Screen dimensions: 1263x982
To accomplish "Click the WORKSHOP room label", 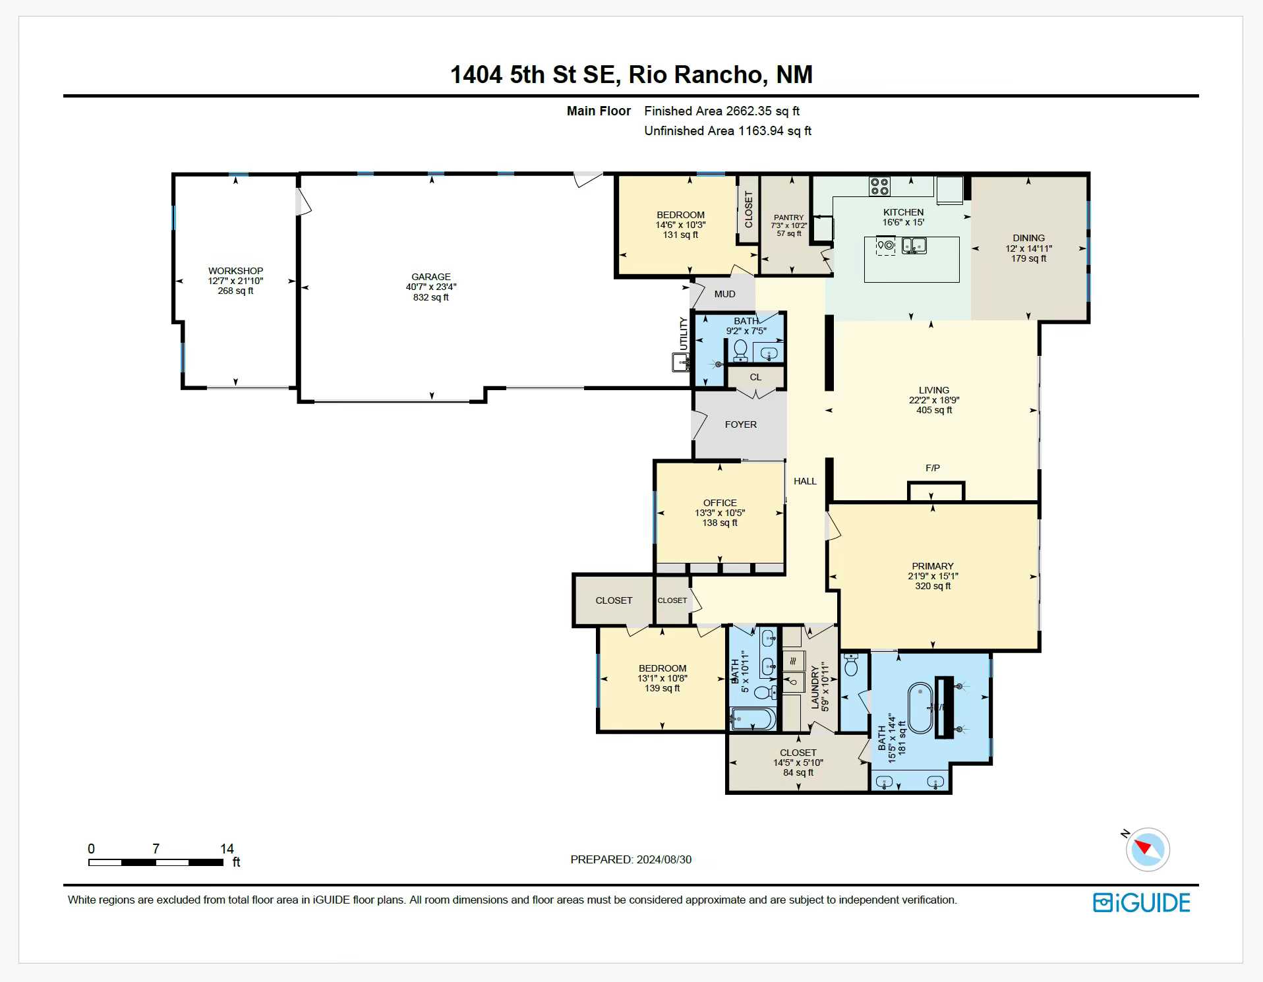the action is (235, 271).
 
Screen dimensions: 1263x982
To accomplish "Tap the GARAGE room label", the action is (431, 277).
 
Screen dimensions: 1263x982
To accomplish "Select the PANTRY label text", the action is (789, 217).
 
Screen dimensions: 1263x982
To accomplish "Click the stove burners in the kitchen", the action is (879, 187).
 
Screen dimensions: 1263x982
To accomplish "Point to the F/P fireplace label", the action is (933, 468).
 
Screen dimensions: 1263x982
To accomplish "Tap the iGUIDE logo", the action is (1142, 902).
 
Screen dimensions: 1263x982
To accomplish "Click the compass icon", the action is (1148, 850).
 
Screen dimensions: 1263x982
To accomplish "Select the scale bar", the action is (156, 862).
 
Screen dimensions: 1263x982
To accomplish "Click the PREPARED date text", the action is (631, 859).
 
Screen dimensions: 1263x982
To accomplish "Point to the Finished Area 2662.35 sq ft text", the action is (722, 111).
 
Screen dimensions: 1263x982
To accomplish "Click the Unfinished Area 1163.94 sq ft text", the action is (728, 131).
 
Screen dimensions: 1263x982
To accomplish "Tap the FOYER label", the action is (741, 424).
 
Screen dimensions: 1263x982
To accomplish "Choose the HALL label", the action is (805, 481).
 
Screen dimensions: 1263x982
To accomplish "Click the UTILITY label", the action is (684, 334).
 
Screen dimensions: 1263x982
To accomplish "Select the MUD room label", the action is (725, 294).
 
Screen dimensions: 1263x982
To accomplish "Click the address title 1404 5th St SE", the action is (535, 74).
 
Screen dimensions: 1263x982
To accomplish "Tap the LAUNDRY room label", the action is (815, 687).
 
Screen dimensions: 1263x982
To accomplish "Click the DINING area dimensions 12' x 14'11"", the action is (1029, 248).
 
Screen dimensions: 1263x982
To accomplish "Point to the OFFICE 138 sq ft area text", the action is (720, 523).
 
